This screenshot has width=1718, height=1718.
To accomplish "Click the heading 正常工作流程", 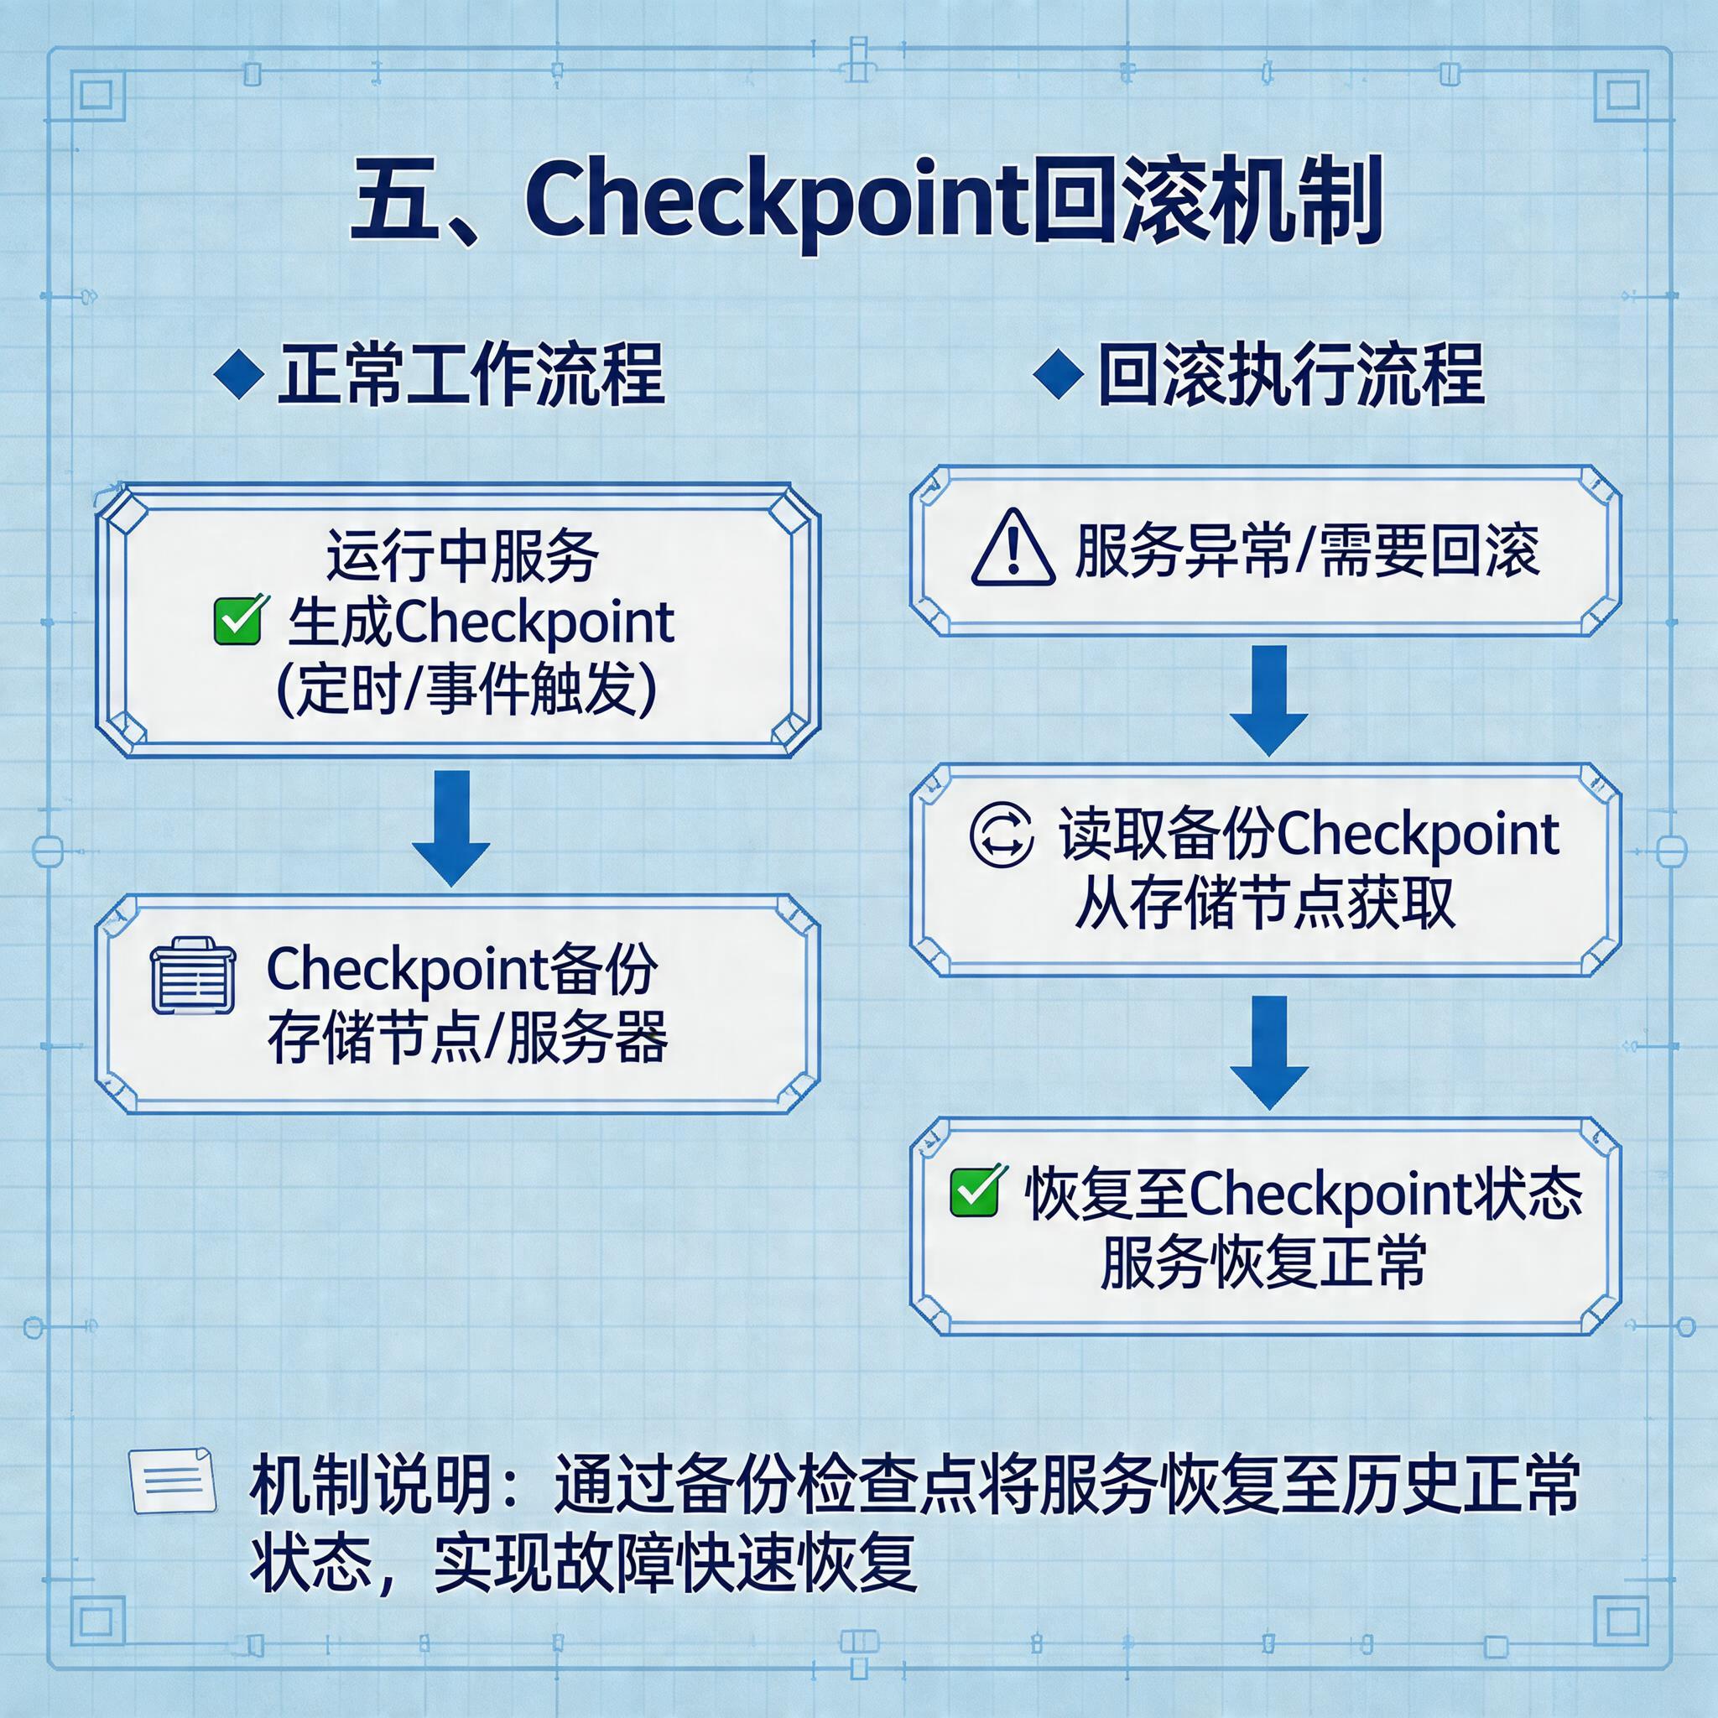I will (x=471, y=376).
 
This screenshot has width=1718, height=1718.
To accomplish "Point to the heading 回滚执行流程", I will (x=1291, y=376).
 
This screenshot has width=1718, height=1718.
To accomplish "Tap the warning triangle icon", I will (x=1013, y=549).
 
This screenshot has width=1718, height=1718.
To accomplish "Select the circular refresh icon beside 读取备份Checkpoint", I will (x=1002, y=834).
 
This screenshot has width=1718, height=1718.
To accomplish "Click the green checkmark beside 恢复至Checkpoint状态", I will (x=976, y=1191).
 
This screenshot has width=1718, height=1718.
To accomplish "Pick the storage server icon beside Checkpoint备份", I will (x=194, y=976).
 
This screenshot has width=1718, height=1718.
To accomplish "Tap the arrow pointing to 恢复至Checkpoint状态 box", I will (x=1269, y=1051).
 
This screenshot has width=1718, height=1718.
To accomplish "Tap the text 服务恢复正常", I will (x=1262, y=1261).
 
